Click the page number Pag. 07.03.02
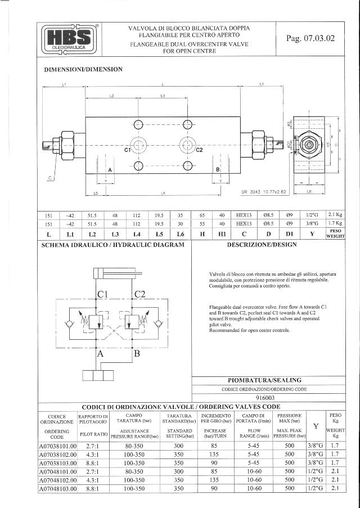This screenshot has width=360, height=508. click(310, 39)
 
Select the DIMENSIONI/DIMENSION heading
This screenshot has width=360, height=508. click(83, 70)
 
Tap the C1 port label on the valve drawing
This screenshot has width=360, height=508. click(128, 150)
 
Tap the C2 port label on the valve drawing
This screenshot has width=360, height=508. click(199, 150)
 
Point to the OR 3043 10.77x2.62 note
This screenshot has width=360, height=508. click(264, 192)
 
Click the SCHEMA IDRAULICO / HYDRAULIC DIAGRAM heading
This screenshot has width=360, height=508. click(113, 245)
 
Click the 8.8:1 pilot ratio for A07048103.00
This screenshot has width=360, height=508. click(93, 489)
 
